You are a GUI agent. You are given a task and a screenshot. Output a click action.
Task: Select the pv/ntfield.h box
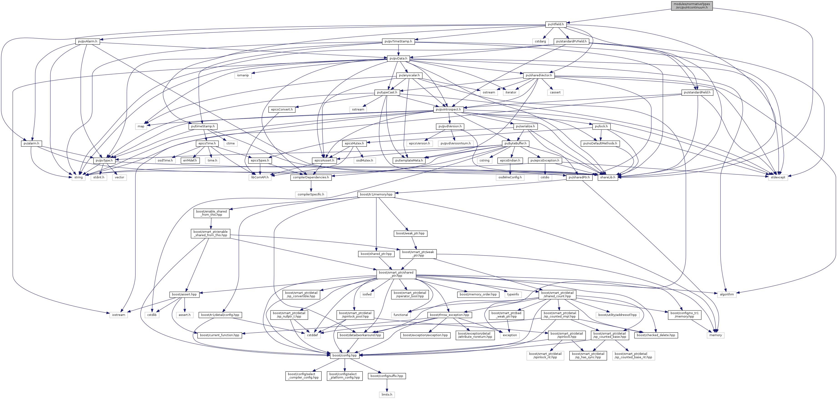[556, 24]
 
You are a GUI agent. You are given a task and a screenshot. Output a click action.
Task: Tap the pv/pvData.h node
[398, 59]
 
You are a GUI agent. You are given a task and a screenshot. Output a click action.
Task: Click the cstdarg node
[541, 41]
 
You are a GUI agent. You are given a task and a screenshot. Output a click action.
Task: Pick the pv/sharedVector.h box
[538, 75]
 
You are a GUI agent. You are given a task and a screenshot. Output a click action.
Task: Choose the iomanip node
[243, 75]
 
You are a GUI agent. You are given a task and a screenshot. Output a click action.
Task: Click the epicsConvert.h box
[282, 109]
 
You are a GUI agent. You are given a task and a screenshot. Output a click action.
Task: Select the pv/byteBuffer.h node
[515, 143]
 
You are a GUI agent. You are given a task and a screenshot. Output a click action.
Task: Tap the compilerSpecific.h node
[311, 194]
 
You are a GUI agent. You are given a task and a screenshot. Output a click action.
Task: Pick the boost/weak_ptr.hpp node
[410, 233]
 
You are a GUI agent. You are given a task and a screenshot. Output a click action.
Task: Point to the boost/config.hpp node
[345, 356]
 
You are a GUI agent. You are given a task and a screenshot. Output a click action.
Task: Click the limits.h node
[387, 394]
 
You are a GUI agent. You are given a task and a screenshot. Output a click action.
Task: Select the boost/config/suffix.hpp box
[387, 376]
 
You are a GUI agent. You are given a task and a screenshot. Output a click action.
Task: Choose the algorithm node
[727, 294]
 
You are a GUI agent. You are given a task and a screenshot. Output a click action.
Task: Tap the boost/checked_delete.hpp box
[656, 335]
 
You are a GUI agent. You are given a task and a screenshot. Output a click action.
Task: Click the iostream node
[119, 315]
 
